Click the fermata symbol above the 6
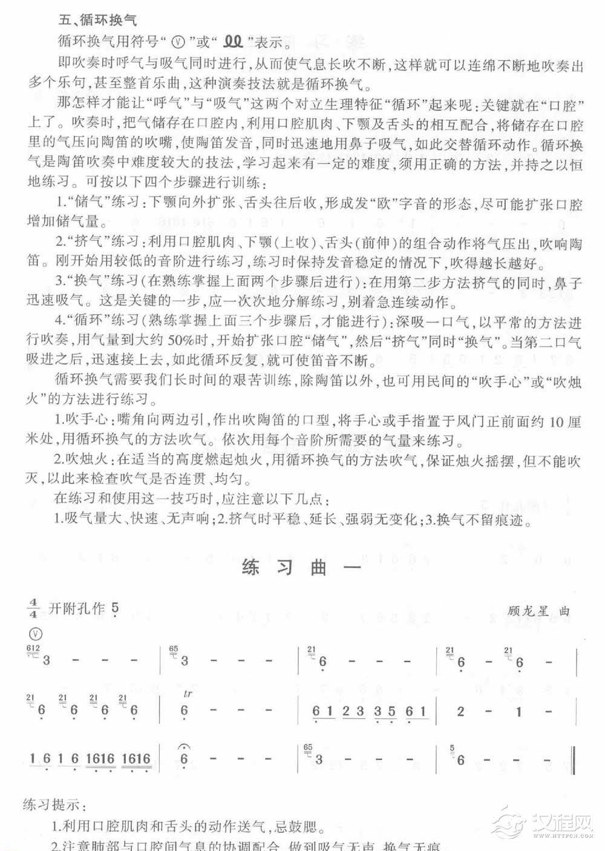pos(185,746)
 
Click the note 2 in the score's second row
pos(461,711)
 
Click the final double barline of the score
pos(573,760)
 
